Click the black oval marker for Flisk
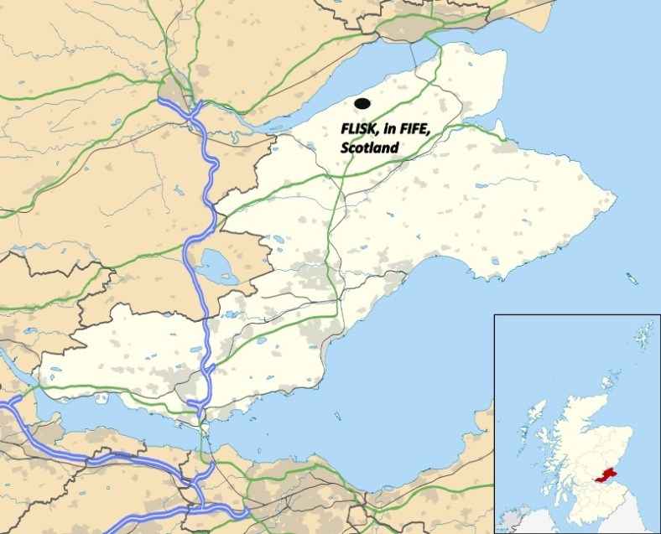pyautogui.click(x=362, y=103)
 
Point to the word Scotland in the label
pyautogui.click(x=369, y=148)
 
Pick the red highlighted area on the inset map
pyautogui.click(x=610, y=474)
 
